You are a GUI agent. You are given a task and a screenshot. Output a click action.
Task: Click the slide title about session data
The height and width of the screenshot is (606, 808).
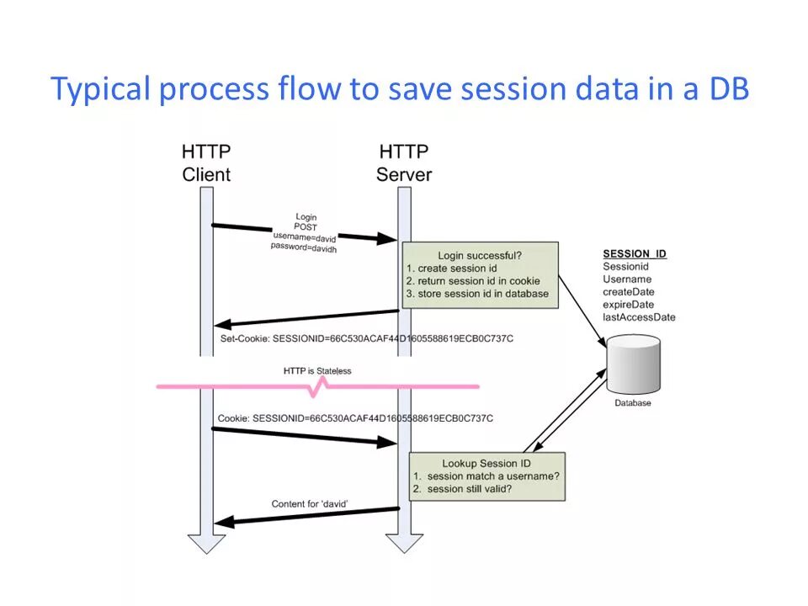point(400,88)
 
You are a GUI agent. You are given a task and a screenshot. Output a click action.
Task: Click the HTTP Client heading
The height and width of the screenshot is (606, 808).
point(206,163)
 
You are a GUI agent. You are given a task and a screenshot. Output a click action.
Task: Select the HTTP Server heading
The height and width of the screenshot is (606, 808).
point(404,163)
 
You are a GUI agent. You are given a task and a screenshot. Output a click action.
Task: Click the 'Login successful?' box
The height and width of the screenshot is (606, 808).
point(479,274)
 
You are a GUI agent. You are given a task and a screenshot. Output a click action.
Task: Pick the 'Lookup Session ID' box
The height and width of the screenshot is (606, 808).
point(486,476)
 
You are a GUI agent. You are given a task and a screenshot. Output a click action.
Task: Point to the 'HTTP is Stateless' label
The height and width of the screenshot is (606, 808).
point(317,371)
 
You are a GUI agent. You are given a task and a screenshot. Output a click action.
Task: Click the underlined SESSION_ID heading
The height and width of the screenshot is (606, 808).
point(635,254)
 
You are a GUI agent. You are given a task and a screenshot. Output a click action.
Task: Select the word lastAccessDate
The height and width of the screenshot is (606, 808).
point(639,317)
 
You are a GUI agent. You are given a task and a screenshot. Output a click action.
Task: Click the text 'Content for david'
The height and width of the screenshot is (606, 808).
point(310,503)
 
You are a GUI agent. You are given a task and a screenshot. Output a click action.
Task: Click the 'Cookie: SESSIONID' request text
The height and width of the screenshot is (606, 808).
point(355,417)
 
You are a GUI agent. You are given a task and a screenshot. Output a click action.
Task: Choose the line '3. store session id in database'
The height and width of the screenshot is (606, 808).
point(477,294)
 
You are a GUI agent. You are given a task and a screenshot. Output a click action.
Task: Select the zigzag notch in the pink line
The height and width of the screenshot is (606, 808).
point(319,387)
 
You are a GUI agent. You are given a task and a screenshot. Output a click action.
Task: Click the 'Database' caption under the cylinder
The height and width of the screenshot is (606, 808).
point(632,403)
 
